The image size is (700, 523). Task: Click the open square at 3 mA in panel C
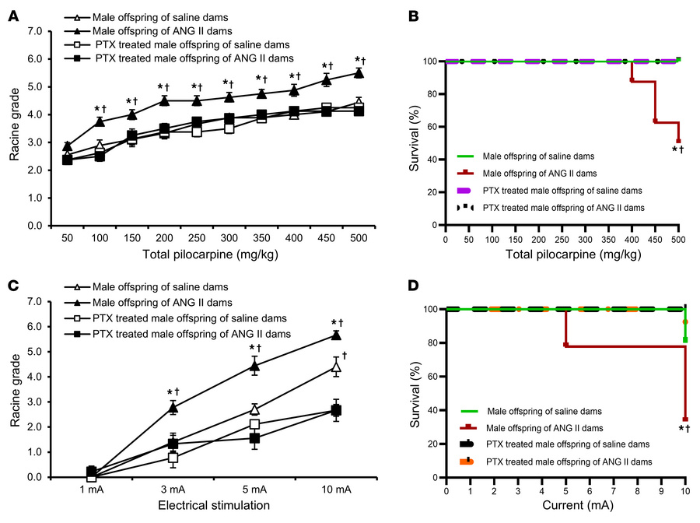173,458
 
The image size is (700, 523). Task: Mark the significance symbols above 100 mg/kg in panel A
100,109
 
